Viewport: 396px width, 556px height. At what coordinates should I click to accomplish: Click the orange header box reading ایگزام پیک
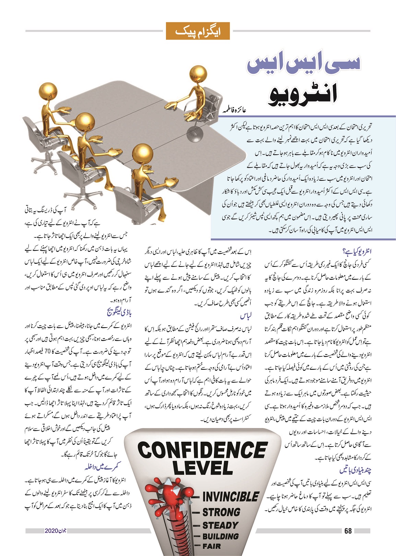pyautogui.click(x=197, y=31)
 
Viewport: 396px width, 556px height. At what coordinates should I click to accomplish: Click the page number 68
pyautogui.click(x=348, y=531)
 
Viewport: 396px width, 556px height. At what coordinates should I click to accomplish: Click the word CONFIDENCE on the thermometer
pyautogui.click(x=202, y=450)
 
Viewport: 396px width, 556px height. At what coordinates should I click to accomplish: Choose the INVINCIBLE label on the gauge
pyautogui.click(x=230, y=496)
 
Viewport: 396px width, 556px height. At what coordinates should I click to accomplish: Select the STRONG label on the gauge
pyautogui.click(x=221, y=512)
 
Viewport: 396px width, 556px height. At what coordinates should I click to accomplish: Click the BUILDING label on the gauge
pyautogui.click(x=220, y=536)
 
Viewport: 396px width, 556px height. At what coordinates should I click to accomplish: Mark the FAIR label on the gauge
pyautogui.click(x=212, y=546)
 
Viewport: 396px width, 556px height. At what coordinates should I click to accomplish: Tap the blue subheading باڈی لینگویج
pyautogui.click(x=119, y=312)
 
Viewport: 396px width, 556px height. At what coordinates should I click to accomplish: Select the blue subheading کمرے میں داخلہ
pyautogui.click(x=103, y=467)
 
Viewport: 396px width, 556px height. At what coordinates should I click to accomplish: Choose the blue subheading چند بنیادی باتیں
pyautogui.click(x=356, y=470)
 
